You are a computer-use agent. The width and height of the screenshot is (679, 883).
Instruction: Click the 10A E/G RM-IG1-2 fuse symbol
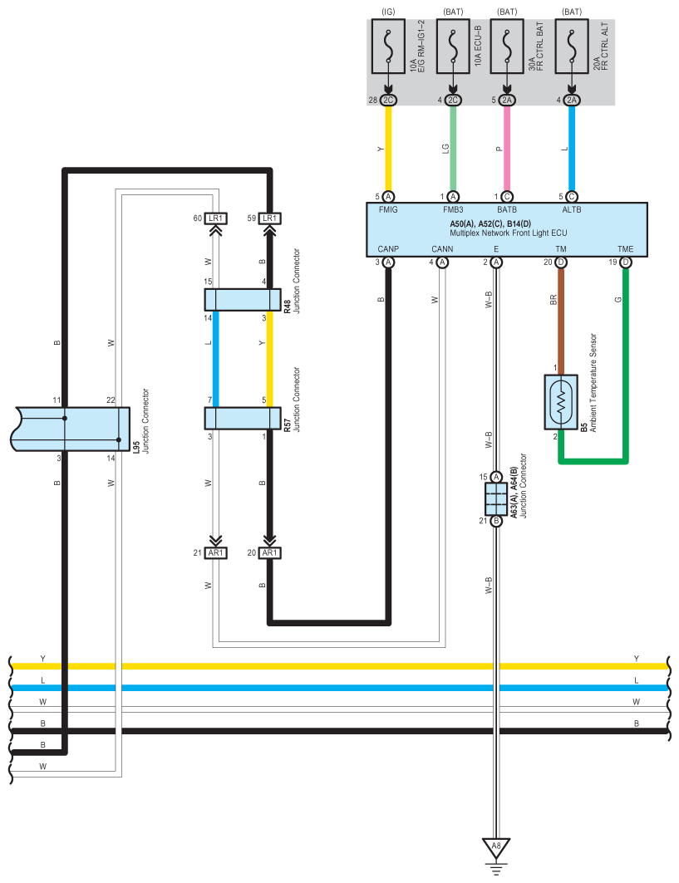click(x=388, y=47)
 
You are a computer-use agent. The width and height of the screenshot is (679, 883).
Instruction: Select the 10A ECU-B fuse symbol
click(x=453, y=47)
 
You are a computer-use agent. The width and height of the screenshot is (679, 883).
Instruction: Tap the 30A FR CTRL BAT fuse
click(x=507, y=47)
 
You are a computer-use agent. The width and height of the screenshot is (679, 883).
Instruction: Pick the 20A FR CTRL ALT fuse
click(x=572, y=47)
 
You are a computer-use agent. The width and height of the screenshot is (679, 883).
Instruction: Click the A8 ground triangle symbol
click(x=496, y=847)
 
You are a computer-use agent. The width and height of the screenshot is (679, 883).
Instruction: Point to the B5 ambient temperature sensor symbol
click(x=561, y=401)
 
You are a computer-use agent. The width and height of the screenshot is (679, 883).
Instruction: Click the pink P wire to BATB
click(x=507, y=148)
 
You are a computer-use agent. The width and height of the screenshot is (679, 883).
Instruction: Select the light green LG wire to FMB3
click(x=453, y=148)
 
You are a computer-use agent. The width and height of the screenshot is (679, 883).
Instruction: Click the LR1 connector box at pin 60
click(x=216, y=218)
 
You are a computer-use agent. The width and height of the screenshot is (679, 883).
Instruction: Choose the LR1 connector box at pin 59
click(x=270, y=218)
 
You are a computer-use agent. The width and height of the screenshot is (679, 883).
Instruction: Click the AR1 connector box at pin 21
click(x=216, y=553)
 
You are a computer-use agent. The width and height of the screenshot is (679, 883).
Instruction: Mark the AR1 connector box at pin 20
click(x=270, y=553)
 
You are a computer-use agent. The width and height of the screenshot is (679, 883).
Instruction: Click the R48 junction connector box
click(x=243, y=300)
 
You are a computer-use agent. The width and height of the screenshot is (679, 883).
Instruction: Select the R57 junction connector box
click(x=243, y=419)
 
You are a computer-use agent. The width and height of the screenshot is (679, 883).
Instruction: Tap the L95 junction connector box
click(x=71, y=429)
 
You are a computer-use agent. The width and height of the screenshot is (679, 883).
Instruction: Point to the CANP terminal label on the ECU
click(x=388, y=249)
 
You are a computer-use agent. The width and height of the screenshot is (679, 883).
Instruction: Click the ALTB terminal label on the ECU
click(x=572, y=209)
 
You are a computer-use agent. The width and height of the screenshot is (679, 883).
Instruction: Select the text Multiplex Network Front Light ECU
click(x=509, y=233)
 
